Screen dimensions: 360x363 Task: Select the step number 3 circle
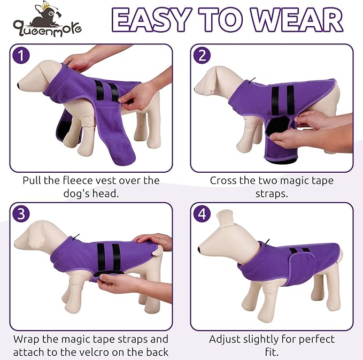20,214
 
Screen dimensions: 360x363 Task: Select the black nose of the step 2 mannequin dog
197,88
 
